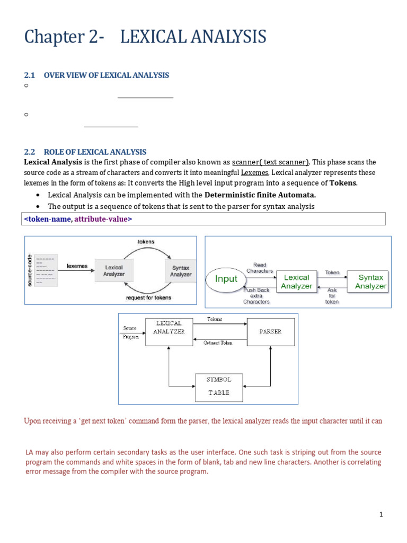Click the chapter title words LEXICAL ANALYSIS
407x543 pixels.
click(193, 37)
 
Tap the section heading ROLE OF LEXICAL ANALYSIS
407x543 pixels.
click(95, 152)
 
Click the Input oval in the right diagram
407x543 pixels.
click(226, 279)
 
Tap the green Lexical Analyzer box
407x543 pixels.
click(296, 282)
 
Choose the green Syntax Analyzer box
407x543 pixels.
click(370, 282)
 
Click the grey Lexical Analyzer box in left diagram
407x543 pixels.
click(114, 271)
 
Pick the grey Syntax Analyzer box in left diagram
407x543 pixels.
click(181, 271)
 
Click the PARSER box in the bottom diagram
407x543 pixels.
click(270, 331)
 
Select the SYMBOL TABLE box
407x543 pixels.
click(219, 386)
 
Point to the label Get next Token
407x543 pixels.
click(218, 343)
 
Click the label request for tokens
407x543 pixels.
click(148, 298)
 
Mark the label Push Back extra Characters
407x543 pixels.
click(256, 296)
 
